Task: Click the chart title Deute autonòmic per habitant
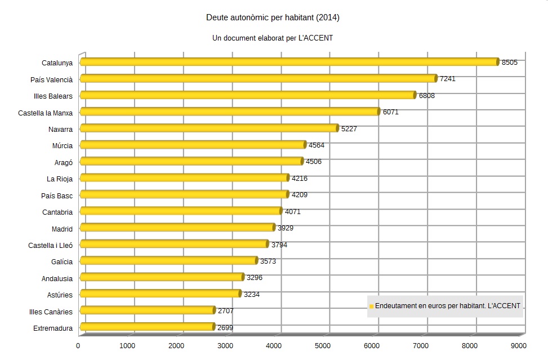tap(273, 18)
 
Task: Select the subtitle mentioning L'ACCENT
tap(273, 38)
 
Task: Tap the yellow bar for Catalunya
tap(289, 62)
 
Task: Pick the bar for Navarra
tap(209, 128)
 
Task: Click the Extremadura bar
tap(147, 327)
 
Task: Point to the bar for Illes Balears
tap(248, 95)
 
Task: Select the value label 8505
tap(510, 62)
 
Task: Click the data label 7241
tap(448, 79)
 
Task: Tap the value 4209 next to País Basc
tap(300, 195)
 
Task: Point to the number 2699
tap(225, 327)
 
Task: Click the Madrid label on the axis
tap(62, 229)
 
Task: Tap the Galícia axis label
tap(62, 262)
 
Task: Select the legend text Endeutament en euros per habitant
tap(448, 306)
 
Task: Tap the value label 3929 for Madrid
tap(286, 228)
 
